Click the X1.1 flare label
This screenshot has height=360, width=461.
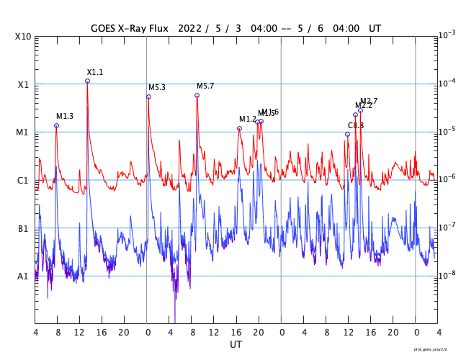pos(95,72)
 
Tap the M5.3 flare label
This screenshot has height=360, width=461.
pos(157,87)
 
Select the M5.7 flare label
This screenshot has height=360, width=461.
pos(205,86)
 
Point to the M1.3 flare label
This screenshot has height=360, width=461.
pos(65,116)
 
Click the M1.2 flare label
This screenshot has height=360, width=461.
pos(248,119)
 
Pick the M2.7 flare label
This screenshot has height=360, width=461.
pos(369,101)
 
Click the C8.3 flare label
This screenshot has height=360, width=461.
pos(356,125)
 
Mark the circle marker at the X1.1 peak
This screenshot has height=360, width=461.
pos(87,81)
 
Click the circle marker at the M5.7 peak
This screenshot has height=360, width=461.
pos(197,95)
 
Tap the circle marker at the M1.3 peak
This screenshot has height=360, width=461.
pos(56,125)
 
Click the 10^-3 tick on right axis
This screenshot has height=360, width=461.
pos(447,35)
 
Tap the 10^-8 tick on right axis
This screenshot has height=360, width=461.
pos(447,275)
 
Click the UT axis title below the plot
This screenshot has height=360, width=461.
pos(236,345)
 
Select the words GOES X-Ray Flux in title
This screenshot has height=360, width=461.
pos(130,29)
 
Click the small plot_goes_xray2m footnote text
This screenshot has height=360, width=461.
pos(435,348)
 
